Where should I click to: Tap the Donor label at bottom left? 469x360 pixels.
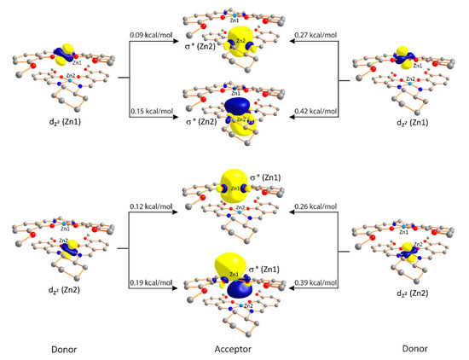coord(63,347)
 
